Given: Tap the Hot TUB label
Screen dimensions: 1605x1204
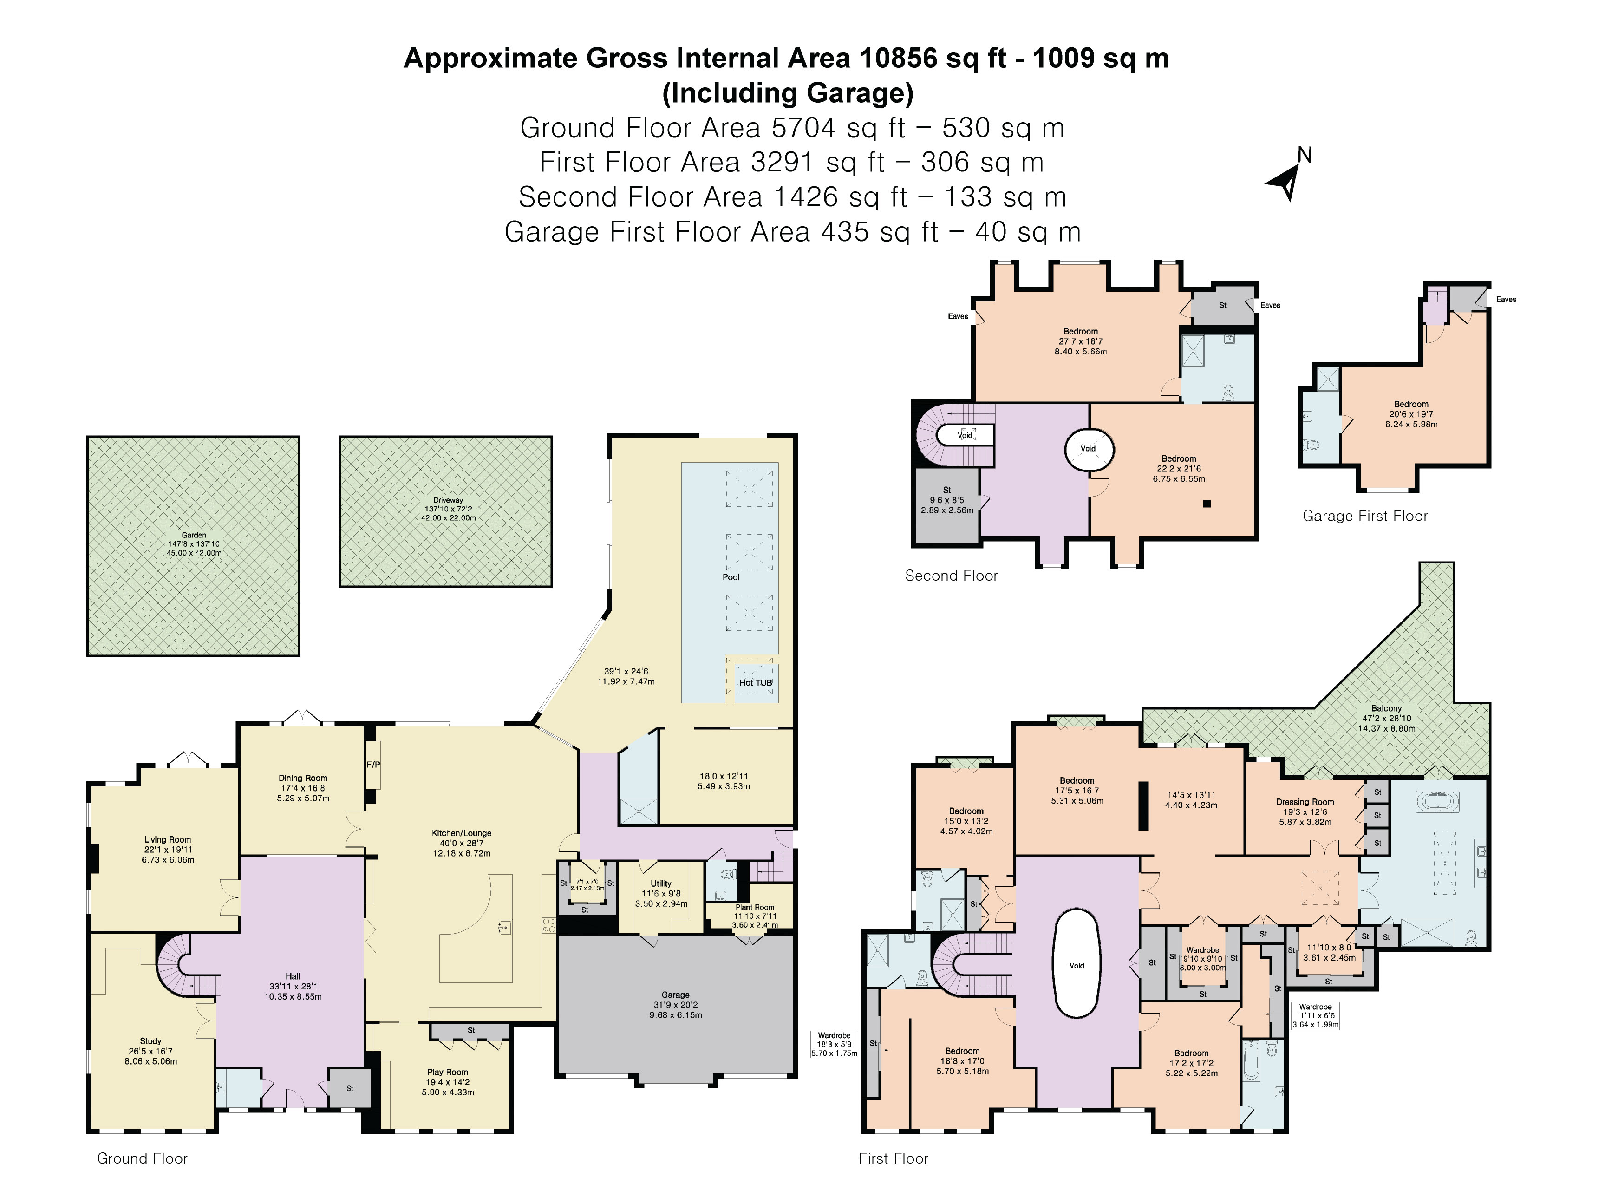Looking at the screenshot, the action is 755,683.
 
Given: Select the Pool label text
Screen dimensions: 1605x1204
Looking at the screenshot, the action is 731,577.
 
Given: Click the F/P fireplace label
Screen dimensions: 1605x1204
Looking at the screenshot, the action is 373,764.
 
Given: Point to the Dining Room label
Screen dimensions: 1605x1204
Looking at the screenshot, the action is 303,778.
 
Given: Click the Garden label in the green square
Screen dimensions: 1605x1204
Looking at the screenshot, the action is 194,535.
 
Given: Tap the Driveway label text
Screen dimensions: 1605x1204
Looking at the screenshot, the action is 448,500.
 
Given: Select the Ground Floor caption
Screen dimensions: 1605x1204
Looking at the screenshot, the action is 142,1159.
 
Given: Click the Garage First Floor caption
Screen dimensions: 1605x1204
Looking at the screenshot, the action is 1365,516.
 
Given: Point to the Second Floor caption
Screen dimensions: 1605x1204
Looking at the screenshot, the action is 951,576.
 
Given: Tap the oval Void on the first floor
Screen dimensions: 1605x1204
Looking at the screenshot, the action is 1077,965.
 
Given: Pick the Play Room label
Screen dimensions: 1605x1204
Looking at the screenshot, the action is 448,1072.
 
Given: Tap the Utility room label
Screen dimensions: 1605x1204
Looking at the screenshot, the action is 660,884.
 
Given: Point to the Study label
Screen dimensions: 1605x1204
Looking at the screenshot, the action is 151,1040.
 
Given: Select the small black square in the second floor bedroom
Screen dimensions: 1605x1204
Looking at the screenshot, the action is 1207,504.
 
